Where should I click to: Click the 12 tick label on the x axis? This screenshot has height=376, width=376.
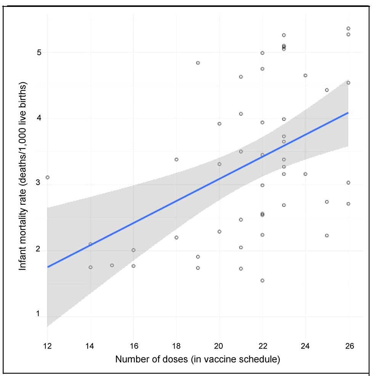pyautogui.click(x=47, y=346)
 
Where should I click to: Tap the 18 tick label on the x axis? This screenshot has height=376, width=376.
pyautogui.click(x=176, y=346)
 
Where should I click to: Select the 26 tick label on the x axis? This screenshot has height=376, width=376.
pyautogui.click(x=349, y=346)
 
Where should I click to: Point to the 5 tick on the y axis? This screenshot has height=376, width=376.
pyautogui.click(x=39, y=52)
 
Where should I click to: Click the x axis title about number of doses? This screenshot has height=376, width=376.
pyautogui.click(x=198, y=359)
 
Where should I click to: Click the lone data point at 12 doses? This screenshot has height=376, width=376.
pyautogui.click(x=47, y=177)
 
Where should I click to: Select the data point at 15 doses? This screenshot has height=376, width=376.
pyautogui.click(x=112, y=265)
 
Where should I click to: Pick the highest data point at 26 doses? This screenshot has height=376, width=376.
pyautogui.click(x=348, y=29)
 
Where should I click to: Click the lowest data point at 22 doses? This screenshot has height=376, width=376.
pyautogui.click(x=262, y=280)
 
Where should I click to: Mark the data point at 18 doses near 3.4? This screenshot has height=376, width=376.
pyautogui.click(x=176, y=159)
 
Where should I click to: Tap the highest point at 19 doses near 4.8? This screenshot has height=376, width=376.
pyautogui.click(x=198, y=63)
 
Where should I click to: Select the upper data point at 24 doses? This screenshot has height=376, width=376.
pyautogui.click(x=305, y=76)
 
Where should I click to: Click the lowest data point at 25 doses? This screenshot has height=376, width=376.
pyautogui.click(x=327, y=235)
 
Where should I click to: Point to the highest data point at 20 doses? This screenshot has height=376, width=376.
pyautogui.click(x=219, y=124)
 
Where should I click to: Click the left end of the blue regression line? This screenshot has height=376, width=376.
pyautogui.click(x=48, y=267)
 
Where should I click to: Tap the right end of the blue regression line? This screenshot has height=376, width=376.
pyautogui.click(x=348, y=113)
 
